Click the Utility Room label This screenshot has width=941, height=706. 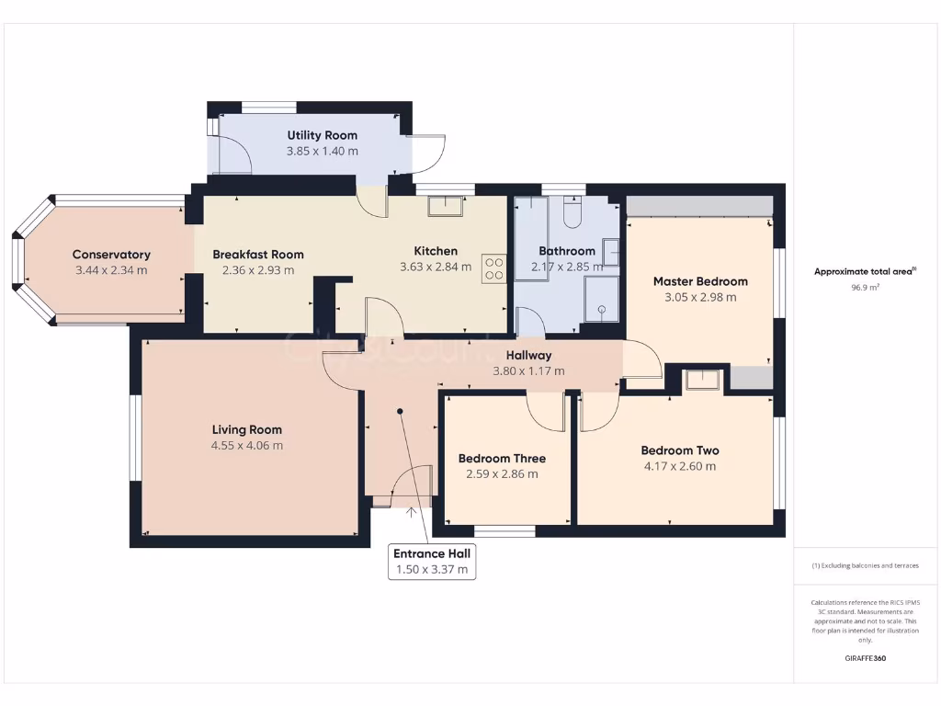point(322,135)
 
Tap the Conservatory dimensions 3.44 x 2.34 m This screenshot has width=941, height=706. point(110,270)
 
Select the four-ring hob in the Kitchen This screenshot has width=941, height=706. point(493,268)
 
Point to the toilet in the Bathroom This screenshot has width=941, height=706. point(571,214)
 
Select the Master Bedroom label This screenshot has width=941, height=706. point(700,281)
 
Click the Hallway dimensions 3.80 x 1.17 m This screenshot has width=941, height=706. point(528,371)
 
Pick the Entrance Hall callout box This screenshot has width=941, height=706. point(431,562)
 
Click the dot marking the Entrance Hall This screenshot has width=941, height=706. point(400,412)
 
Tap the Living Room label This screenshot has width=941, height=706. point(246,429)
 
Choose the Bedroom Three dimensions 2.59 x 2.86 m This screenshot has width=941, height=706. point(502,474)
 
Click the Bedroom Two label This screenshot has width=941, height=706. point(679,450)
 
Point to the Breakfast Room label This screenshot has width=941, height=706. point(257,255)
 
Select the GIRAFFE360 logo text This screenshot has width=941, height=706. point(866,658)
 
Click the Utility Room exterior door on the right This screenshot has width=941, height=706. point(426,153)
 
